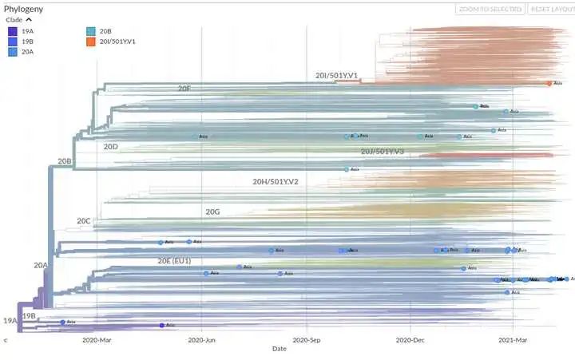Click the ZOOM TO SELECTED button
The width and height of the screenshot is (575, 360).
coord(490,9)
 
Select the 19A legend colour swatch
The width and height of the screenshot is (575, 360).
coord(12,30)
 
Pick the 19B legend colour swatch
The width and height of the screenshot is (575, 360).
coord(12,41)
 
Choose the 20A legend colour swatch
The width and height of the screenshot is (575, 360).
coord(12,51)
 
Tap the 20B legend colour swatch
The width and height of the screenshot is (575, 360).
coord(90,30)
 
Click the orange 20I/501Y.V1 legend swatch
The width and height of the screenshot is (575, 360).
coord(90,41)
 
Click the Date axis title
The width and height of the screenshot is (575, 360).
coord(280,349)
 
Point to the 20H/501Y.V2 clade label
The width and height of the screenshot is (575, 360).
coord(276,182)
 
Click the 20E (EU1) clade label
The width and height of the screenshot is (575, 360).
coord(174,261)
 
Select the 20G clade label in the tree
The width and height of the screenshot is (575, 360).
coord(212,212)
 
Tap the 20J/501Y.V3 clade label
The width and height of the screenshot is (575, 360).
coord(383,152)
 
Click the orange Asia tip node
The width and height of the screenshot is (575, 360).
coord(549,83)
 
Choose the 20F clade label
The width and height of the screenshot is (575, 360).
coord(184,89)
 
